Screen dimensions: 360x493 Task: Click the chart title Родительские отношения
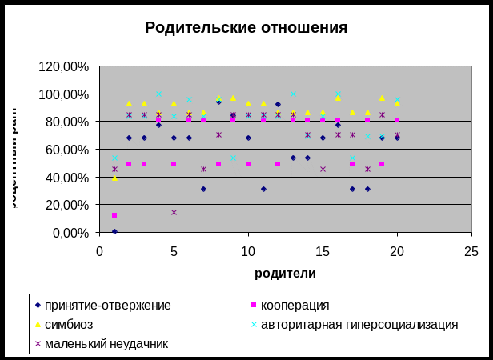(246, 28)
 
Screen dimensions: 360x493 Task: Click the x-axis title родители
(285, 273)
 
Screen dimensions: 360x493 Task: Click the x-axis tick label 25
(471, 251)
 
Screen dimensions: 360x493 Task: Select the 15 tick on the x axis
(323, 251)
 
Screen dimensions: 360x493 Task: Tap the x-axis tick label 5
(174, 251)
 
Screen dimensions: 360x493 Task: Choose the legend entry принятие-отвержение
(108, 305)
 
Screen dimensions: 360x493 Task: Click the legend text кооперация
(295, 305)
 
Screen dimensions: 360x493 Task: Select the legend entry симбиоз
(69, 324)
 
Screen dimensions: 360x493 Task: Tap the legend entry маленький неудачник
(107, 343)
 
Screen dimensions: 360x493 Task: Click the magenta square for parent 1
(114, 214)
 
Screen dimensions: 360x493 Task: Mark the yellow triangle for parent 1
(114, 178)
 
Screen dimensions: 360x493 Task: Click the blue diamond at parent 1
(114, 231)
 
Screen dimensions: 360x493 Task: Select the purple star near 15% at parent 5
(174, 212)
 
